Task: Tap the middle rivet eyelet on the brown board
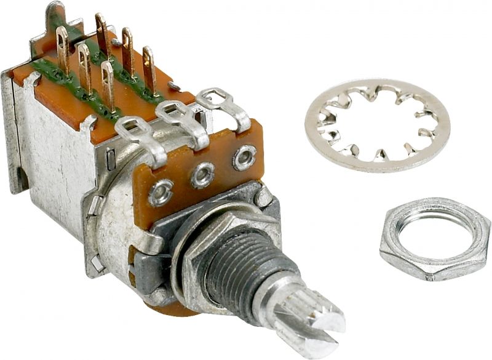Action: pyautogui.click(x=202, y=176)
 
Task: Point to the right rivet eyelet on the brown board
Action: pyautogui.click(x=244, y=158)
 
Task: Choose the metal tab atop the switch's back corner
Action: pyautogui.click(x=55, y=12)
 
